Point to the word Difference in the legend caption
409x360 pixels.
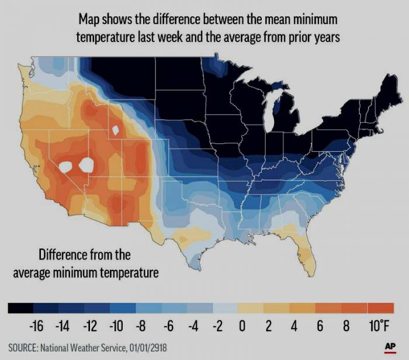click(67, 255)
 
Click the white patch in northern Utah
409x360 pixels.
click(116, 129)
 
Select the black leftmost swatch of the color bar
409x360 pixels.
click(20, 308)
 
